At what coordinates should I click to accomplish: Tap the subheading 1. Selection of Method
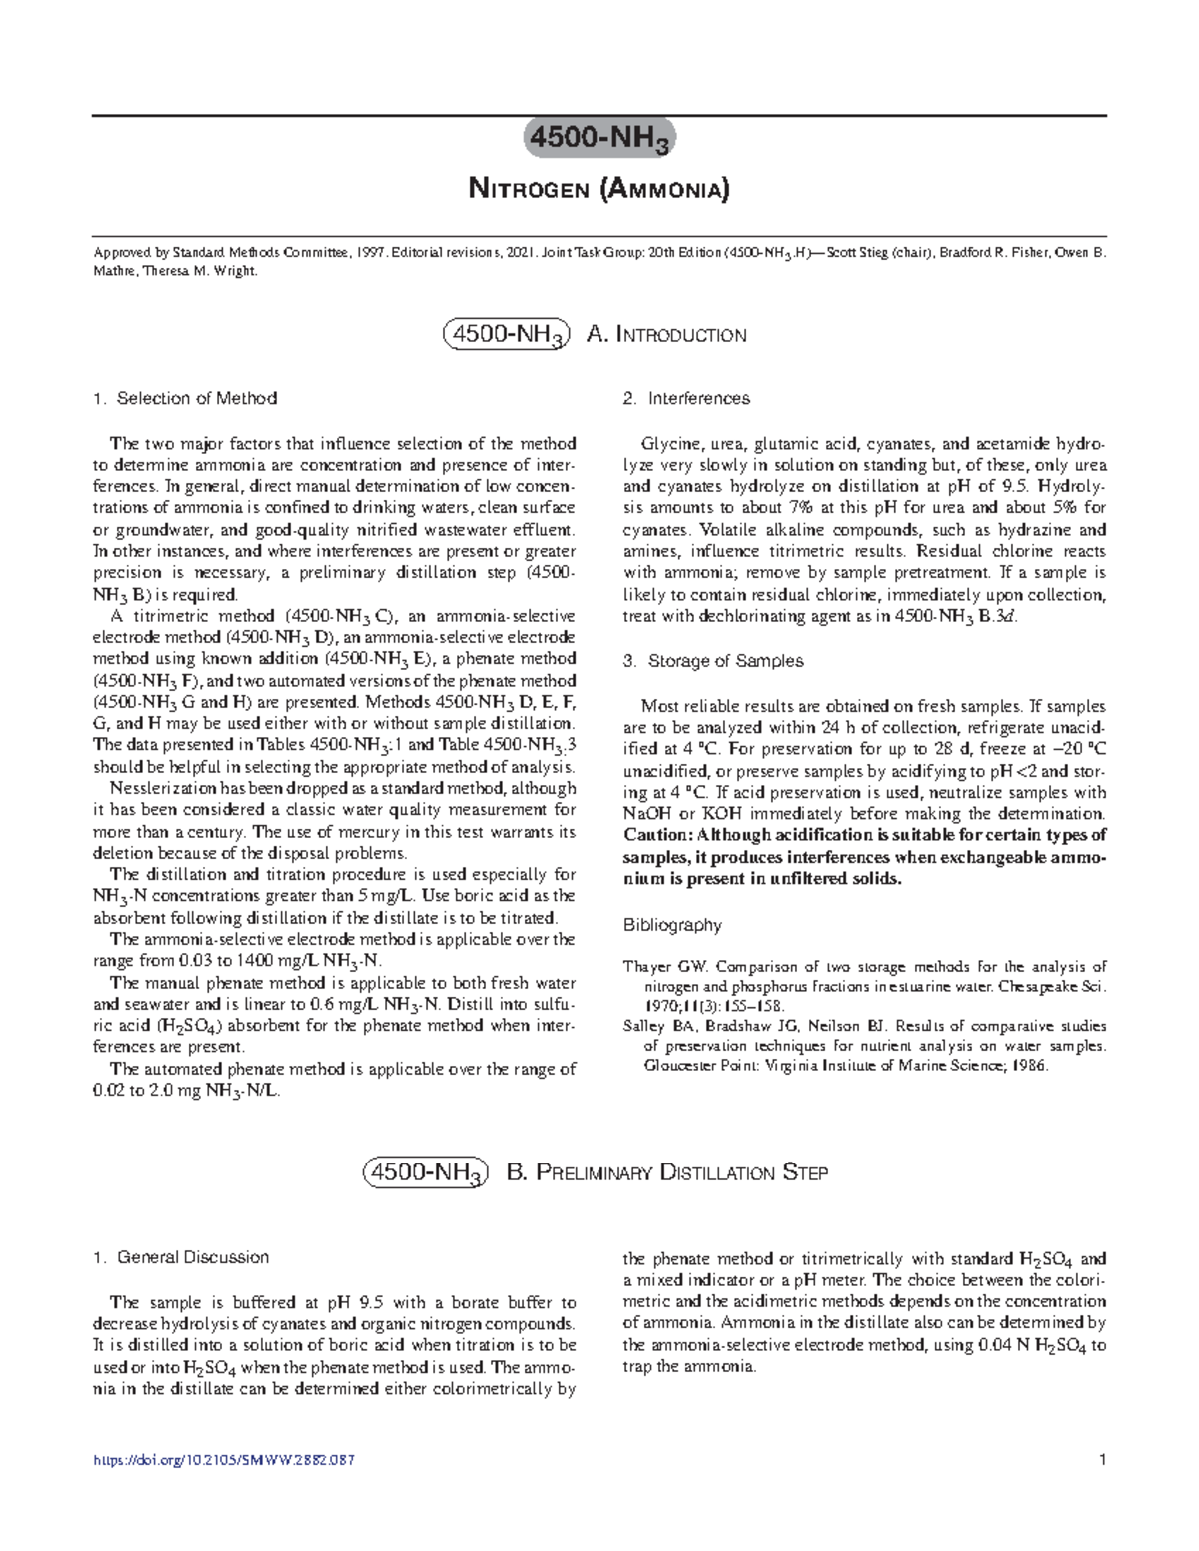tap(184, 398)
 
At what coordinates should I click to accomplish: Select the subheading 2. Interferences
tap(685, 398)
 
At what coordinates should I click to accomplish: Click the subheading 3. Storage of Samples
tap(712, 661)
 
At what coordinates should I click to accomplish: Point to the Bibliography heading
tap(671, 925)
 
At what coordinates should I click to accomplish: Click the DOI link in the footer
tap(223, 1461)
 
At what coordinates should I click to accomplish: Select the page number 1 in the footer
tap(1101, 1461)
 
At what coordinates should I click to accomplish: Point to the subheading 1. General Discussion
tap(180, 1257)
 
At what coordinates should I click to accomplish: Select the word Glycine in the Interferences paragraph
tap(668, 444)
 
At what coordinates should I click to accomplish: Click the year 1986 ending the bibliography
tap(1026, 1066)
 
